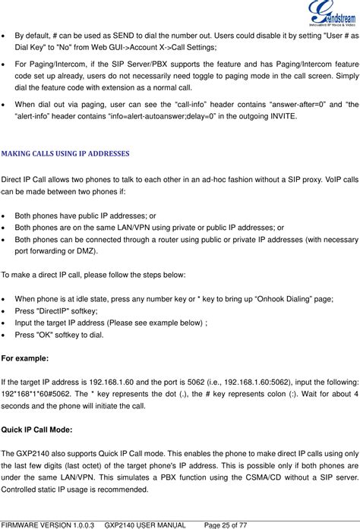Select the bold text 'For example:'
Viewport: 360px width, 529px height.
pos(27,357)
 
